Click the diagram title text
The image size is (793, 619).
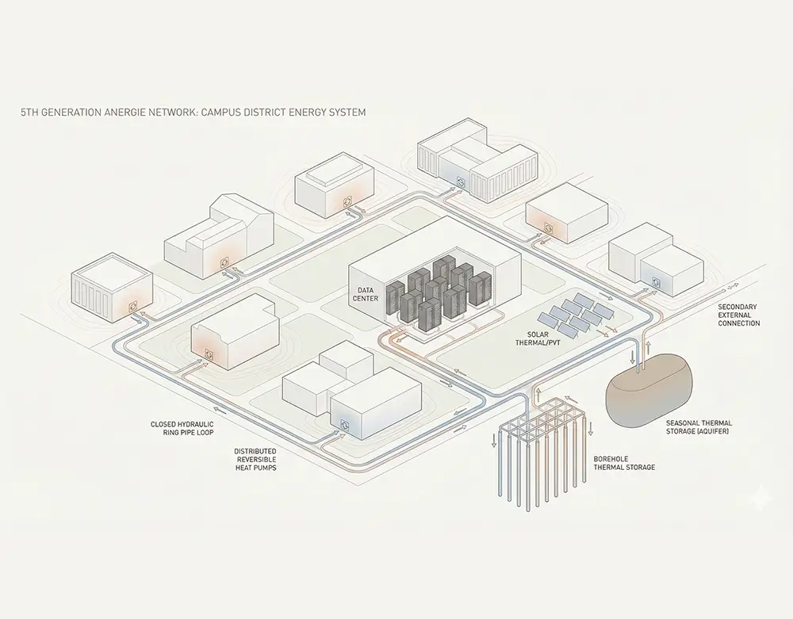193,113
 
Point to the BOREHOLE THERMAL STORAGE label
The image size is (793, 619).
624,463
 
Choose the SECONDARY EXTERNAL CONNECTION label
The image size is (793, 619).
738,315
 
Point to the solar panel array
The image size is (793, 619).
584,315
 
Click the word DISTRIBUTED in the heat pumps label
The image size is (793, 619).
255,451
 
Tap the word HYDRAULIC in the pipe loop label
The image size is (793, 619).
196,424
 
